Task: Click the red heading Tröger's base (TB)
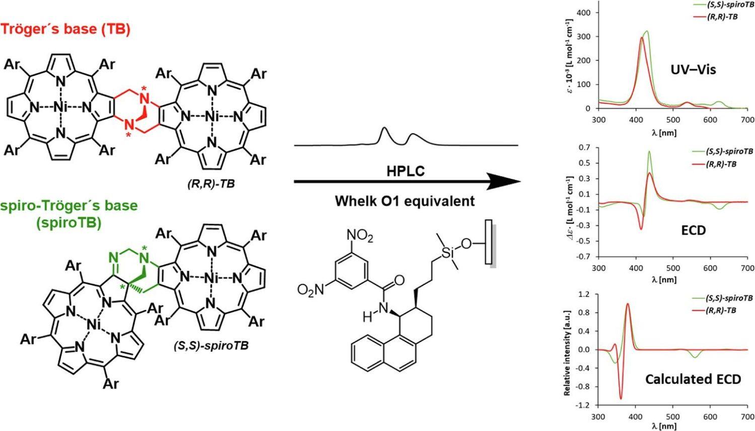coord(65,29)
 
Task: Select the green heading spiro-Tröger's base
coord(69,206)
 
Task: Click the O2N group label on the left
coord(311,290)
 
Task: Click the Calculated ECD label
coord(693,379)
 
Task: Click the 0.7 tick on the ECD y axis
coord(585,147)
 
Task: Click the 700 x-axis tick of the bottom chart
coord(747,417)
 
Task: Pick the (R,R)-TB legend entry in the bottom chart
coord(723,310)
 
